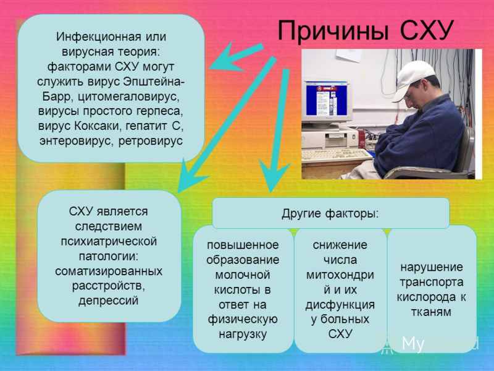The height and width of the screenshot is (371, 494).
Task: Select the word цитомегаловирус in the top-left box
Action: tap(128, 97)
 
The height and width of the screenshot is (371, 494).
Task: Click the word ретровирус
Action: tap(151, 141)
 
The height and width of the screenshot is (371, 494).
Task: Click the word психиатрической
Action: tap(109, 241)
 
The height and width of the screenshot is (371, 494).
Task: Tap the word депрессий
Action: tap(109, 301)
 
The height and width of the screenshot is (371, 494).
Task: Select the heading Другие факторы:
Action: tap(330, 214)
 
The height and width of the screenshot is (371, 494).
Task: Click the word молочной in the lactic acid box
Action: tap(243, 275)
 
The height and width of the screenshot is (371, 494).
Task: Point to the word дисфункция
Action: tap(340, 305)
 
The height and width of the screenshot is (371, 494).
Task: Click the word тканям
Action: tap(431, 312)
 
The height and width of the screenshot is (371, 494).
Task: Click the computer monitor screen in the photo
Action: tap(327, 99)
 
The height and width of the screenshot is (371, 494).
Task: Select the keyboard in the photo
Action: tap(337, 155)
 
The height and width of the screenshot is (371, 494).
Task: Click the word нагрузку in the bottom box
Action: tap(243, 334)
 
